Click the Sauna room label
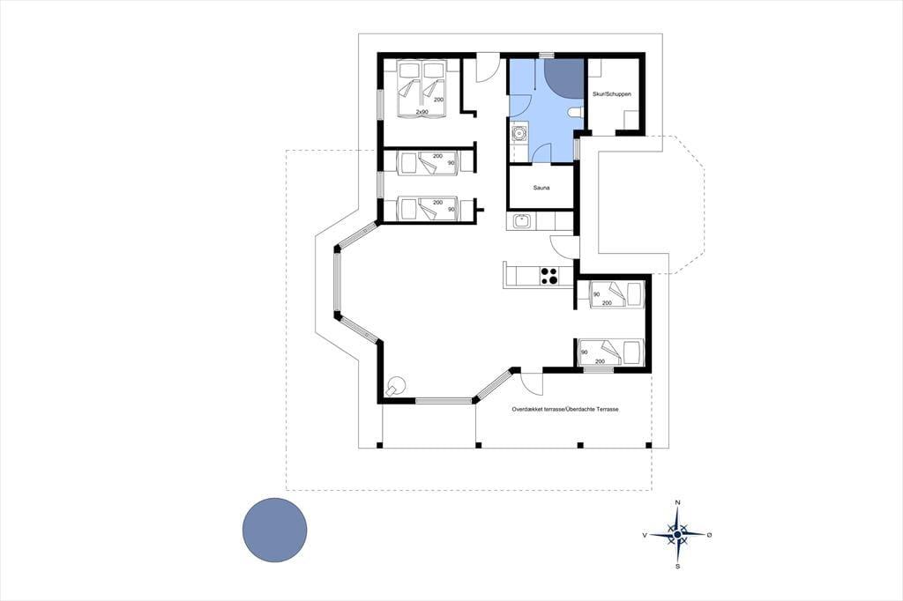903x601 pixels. [541, 188]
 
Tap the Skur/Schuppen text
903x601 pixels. [612, 93]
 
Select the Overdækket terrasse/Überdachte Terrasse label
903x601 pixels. [565, 409]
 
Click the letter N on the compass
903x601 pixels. [678, 503]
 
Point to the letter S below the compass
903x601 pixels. [678, 567]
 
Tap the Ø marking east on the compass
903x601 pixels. [709, 535]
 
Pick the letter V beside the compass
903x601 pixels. [645, 535]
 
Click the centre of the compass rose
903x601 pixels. [678, 535]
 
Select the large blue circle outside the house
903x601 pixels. [275, 530]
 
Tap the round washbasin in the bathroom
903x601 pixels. [519, 134]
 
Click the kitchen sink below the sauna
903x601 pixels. [522, 221]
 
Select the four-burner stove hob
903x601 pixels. [549, 277]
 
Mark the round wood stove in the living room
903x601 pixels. [396, 384]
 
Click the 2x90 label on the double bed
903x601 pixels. [422, 111]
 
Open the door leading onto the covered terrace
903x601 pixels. [532, 383]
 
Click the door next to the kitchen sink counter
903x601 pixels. [564, 247]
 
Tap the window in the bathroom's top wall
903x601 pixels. [546, 56]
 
